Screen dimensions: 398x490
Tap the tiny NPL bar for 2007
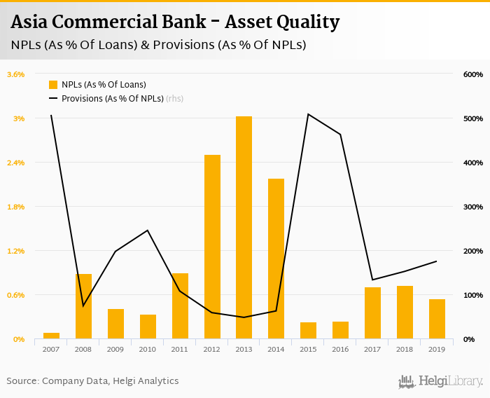click(x=51, y=336)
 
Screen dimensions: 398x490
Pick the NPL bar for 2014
click(x=276, y=259)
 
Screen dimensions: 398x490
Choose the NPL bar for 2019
click(x=437, y=319)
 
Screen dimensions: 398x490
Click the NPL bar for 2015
click(x=308, y=331)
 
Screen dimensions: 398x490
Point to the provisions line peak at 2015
click(x=308, y=114)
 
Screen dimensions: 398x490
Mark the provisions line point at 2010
click(x=148, y=230)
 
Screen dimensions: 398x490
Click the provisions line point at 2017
click(x=372, y=280)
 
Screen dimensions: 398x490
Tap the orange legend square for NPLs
click(x=53, y=85)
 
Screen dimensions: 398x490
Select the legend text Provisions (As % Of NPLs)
click(x=112, y=99)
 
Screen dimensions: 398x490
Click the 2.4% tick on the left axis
click(x=15, y=163)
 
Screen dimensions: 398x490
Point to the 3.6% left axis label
click(x=15, y=74)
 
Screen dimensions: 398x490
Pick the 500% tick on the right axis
click(x=473, y=118)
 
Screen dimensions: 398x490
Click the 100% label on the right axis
click(x=473, y=295)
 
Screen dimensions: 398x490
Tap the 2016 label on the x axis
click(x=340, y=349)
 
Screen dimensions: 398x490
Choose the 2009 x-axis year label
click(x=115, y=349)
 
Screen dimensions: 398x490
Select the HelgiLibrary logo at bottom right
click(x=440, y=382)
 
